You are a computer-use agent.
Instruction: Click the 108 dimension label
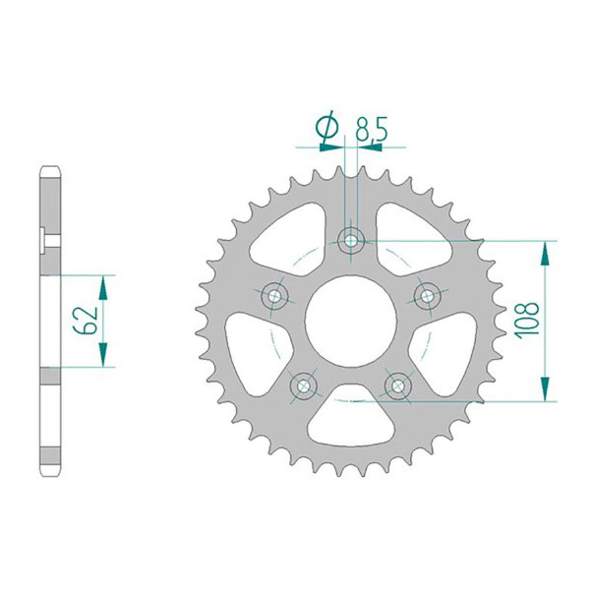click(528, 321)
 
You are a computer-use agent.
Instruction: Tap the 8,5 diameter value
click(372, 129)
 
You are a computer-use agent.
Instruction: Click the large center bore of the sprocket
click(351, 321)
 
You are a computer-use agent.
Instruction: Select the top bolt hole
click(351, 241)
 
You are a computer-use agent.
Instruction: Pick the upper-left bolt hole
click(274, 296)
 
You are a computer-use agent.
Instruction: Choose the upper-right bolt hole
click(427, 296)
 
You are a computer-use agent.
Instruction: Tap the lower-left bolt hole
click(303, 385)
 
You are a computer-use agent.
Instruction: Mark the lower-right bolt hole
click(397, 385)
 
